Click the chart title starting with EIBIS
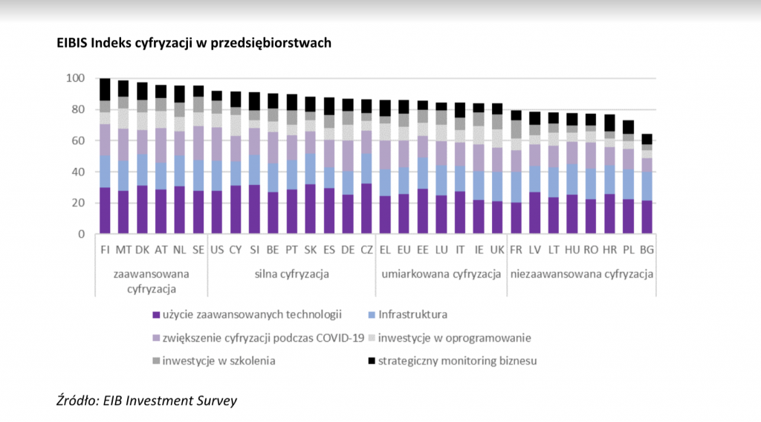click(194, 43)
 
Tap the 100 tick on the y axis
click(75, 78)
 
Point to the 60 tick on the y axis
click(78, 140)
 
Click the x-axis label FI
click(106, 250)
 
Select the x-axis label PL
click(629, 250)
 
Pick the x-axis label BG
click(647, 250)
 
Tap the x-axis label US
click(217, 250)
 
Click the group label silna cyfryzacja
click(291, 274)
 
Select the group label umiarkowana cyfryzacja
click(441, 274)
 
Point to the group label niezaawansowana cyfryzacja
click(581, 274)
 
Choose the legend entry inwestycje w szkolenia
click(214, 361)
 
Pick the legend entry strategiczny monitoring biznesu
click(453, 361)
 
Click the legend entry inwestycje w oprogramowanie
click(450, 338)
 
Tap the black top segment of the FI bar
click(105, 89)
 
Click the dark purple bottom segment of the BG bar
click(647, 217)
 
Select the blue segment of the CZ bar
click(366, 169)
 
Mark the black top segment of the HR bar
click(609, 123)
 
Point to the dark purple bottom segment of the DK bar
click(142, 210)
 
